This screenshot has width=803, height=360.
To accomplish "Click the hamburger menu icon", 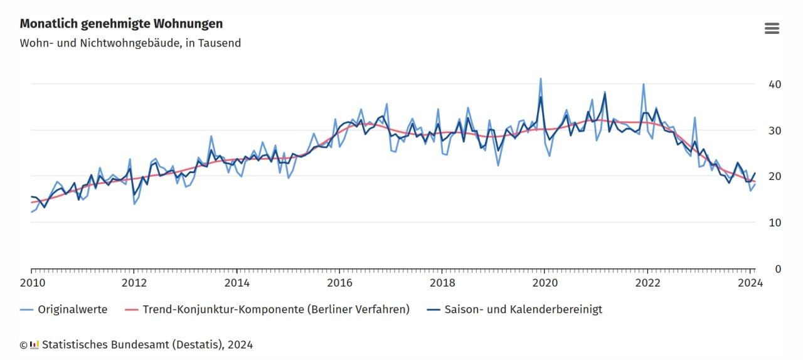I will [x=772, y=28].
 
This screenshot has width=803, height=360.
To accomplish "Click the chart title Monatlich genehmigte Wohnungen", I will [x=121, y=24].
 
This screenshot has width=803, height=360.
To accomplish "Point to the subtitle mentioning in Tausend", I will [x=130, y=43].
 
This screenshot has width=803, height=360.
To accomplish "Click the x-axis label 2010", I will [x=31, y=283].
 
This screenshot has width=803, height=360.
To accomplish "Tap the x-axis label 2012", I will [x=134, y=283].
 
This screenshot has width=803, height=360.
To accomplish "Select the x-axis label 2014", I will [x=237, y=283].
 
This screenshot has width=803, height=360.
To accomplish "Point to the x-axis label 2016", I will [x=339, y=283].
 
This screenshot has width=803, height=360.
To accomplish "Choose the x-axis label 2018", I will [x=442, y=283].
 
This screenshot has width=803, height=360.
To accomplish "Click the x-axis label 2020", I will [x=545, y=283].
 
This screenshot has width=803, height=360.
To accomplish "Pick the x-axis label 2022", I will [x=647, y=283].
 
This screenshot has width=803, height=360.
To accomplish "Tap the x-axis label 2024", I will [x=750, y=283].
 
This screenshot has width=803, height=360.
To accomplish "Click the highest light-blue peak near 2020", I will [x=541, y=79].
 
